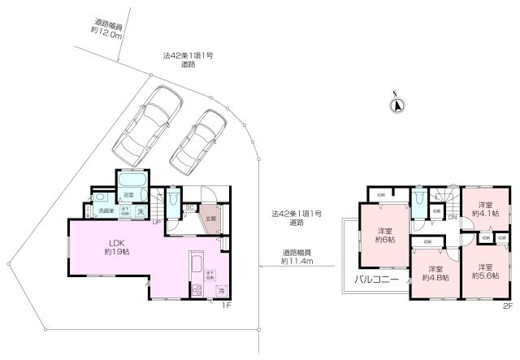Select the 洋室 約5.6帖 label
click(485, 271)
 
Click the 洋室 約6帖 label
click(384, 235)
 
